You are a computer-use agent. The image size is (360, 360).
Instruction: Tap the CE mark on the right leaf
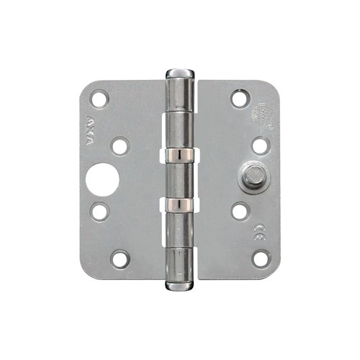(256, 231)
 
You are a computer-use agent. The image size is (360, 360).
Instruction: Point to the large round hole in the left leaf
(102, 180)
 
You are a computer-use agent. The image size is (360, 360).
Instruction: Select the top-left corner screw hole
(99, 97)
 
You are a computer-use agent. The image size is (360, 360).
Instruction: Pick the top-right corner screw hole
(240, 97)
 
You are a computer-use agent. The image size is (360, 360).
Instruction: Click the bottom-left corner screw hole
(120, 258)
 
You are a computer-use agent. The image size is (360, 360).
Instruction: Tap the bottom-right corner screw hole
(261, 258)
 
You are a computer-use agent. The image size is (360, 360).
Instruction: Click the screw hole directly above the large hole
(120, 146)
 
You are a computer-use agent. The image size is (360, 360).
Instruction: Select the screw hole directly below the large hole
(100, 212)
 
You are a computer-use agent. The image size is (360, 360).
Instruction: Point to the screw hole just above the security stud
(260, 145)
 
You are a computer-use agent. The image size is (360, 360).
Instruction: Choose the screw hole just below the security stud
(240, 212)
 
